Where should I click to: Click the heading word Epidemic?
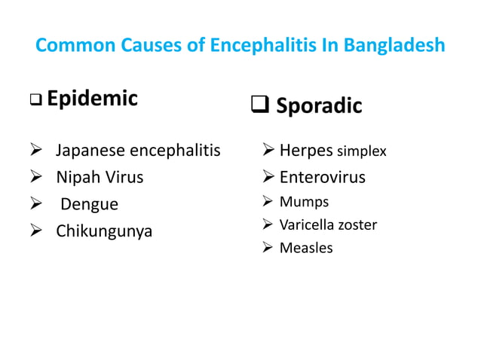(x=92, y=98)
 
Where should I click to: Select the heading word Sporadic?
(x=319, y=106)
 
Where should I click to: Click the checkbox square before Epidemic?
(x=35, y=100)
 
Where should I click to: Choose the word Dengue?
(x=90, y=204)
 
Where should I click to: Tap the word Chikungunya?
(x=104, y=230)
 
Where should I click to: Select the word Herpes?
(x=306, y=151)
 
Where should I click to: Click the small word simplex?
(x=361, y=153)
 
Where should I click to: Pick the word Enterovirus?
(x=323, y=178)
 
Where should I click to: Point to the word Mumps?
(x=304, y=202)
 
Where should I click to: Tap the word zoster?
(x=358, y=224)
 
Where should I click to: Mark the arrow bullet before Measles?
(x=268, y=248)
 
